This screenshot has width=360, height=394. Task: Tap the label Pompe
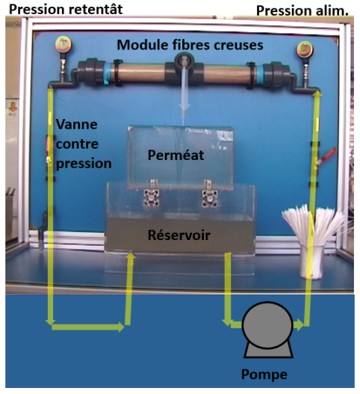[x=264, y=375]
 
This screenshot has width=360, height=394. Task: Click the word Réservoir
[x=179, y=236]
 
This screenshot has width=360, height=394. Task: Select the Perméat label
[x=176, y=155]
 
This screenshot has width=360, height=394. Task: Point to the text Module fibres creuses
[x=190, y=45]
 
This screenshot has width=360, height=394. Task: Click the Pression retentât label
[x=66, y=10]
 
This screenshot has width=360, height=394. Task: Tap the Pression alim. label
[x=302, y=10]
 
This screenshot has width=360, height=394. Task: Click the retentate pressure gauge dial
[x=63, y=44]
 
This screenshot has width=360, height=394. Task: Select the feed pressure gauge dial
[x=305, y=49]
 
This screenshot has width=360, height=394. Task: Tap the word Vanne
[x=77, y=124]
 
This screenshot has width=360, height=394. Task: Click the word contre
[x=77, y=144]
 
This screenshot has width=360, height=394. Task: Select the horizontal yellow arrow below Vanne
[x=88, y=327]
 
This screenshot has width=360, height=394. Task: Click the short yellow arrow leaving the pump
[x=299, y=324]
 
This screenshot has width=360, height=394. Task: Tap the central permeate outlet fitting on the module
[x=184, y=61]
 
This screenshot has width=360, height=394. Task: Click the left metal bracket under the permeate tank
[x=152, y=194]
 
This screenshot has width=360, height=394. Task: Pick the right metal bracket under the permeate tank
[x=209, y=194]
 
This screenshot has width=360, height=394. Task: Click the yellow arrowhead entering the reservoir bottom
[x=131, y=256]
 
